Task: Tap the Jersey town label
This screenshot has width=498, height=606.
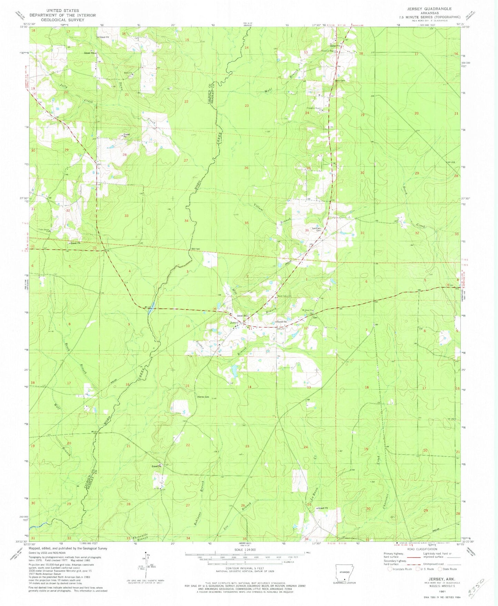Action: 234,323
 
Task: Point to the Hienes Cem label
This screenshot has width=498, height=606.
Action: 203,397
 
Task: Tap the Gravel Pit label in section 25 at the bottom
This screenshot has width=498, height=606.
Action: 323,508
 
